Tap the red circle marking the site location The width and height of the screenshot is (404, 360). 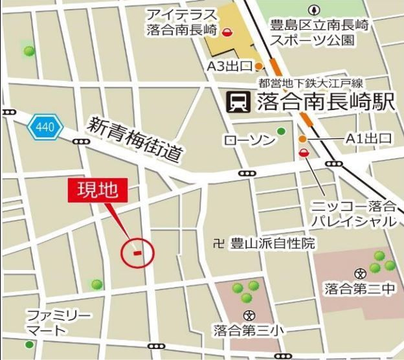137,251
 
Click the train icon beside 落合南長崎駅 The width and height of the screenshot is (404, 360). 236,102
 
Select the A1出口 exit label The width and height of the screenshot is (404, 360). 369,138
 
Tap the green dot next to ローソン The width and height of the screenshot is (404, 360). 281,131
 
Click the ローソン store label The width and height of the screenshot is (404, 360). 248,140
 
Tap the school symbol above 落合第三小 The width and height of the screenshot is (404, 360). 249,315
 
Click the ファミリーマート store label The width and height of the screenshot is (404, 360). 58,323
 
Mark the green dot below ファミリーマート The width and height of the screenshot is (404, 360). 28,344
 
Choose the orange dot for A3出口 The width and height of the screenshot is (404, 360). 258,66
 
